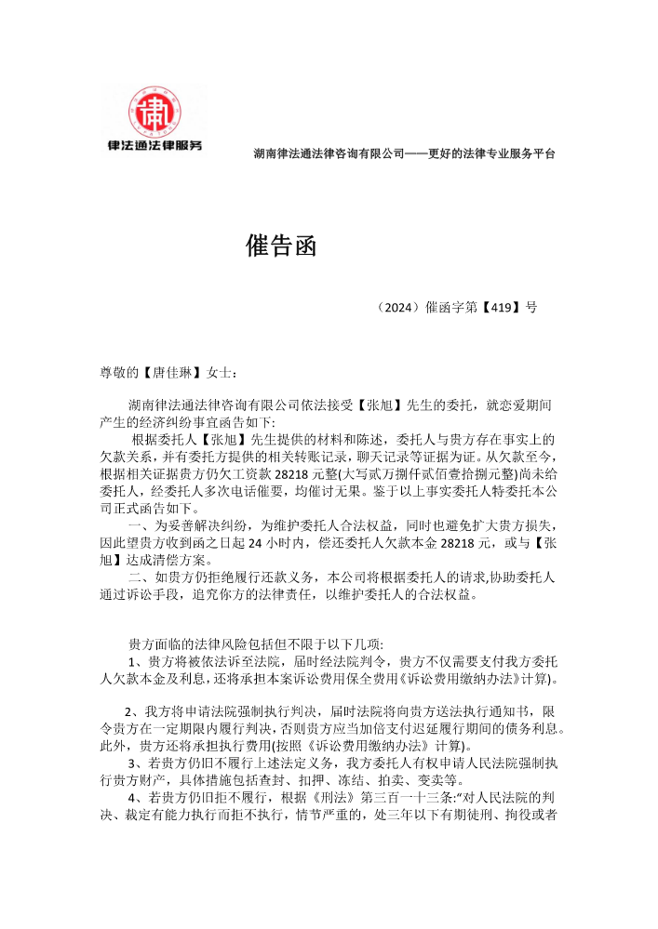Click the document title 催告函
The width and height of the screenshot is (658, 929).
tap(281, 246)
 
